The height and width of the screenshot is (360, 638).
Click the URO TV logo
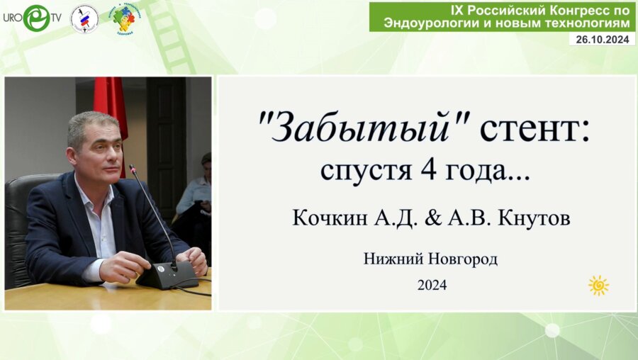pos(32,18)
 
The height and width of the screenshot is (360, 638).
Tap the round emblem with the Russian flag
pos(84,19)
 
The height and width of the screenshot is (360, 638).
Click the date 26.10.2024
pos(602,39)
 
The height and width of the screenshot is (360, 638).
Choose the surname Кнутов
pos(534,219)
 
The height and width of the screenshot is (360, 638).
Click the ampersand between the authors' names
pos(432,219)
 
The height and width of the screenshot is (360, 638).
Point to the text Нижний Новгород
pos(430,259)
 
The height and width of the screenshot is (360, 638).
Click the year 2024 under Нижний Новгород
pos(432,285)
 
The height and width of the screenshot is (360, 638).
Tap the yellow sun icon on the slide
pos(598,285)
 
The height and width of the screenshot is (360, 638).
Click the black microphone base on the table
pos(167,276)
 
